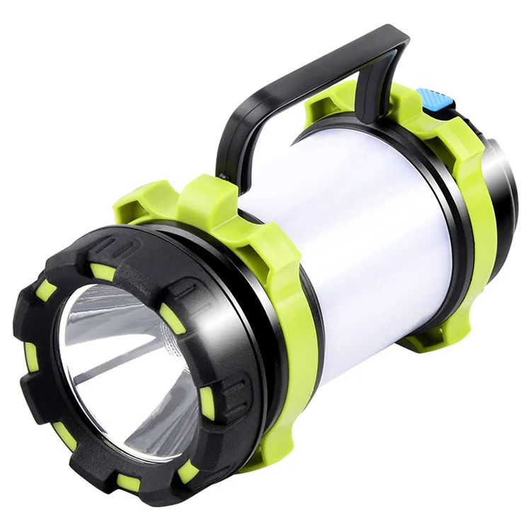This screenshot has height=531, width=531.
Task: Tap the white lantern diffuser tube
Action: tap(368, 227)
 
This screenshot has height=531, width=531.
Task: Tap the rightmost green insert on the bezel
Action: tap(207, 402)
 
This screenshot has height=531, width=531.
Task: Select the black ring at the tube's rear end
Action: tap(453, 212)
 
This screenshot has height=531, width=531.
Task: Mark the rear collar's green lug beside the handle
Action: tap(326, 106)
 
